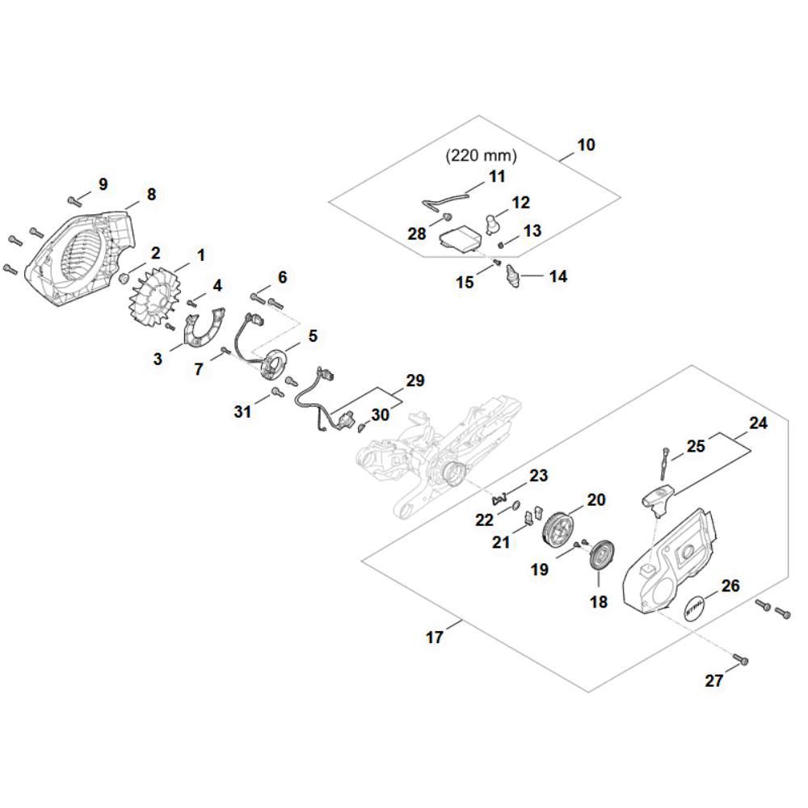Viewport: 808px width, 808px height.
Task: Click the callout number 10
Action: (587, 145)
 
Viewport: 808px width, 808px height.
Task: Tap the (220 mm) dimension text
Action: (481, 155)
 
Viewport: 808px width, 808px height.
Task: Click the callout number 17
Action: (435, 638)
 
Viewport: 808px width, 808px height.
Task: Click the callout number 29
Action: (415, 380)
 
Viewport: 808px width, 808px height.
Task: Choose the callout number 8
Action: (151, 195)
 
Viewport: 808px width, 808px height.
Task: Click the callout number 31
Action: (243, 412)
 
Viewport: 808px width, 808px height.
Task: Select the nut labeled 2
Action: (125, 278)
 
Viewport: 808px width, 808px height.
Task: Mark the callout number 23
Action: (539, 475)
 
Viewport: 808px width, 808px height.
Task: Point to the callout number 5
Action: (313, 335)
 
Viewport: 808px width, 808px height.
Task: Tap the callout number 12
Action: (521, 202)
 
